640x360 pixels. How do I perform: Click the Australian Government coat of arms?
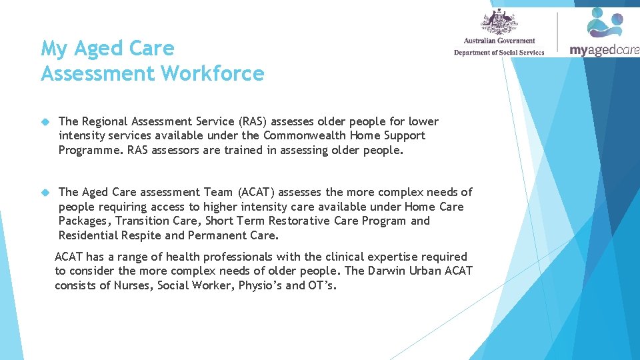point(499,22)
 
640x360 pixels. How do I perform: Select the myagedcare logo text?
point(604,50)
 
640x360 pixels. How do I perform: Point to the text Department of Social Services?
point(499,53)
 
